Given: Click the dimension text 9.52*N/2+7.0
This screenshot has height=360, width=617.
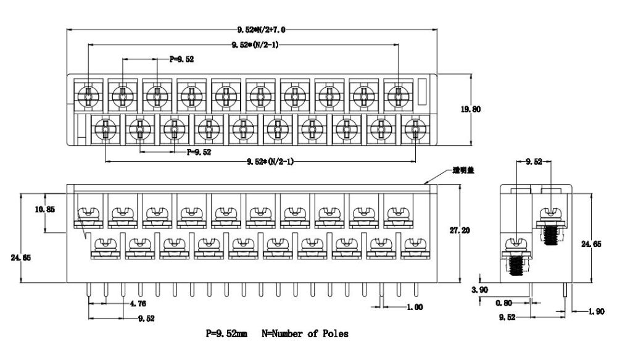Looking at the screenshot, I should pos(262,29).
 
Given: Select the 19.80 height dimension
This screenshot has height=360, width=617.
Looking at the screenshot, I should pos(471,109).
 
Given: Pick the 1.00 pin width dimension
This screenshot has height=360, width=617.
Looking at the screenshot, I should pos(414,307).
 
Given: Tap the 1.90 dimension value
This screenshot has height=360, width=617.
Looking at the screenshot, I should pos(595,312).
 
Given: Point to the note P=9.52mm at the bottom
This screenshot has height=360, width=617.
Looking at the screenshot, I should pos(226,334).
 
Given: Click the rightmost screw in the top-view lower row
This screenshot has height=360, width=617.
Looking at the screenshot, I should pos(415,129).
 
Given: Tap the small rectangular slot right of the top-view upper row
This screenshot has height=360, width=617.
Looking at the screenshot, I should pos(422,92).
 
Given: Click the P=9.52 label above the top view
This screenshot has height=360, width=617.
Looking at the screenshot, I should pos(181,59).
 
